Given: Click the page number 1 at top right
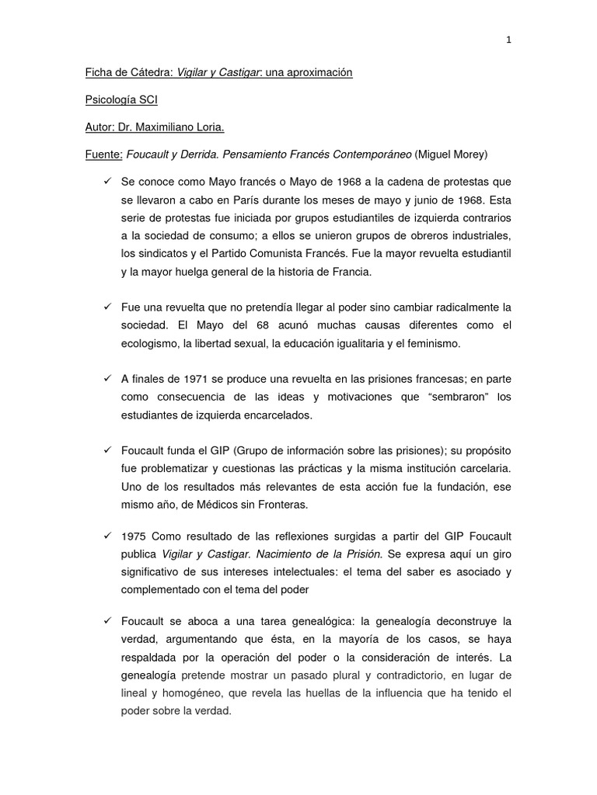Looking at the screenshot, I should [x=508, y=40].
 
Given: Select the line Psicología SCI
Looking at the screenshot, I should [x=121, y=100].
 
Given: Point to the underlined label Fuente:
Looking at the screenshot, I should [x=104, y=154].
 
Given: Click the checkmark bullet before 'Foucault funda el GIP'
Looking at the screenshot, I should [x=109, y=450].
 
